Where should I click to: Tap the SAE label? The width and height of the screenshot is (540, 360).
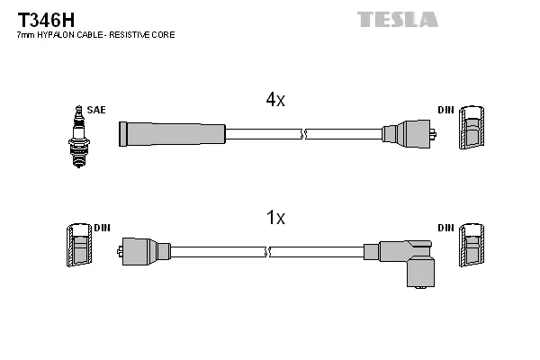coord(96,110)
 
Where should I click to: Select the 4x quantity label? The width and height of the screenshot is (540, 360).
coord(275,101)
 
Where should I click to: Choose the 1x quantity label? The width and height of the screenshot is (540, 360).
coord(275,217)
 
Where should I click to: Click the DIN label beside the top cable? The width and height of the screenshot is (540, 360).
coord(446,110)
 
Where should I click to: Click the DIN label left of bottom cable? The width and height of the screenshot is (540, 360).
coord(101,228)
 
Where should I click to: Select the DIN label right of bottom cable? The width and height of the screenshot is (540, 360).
coord(446,228)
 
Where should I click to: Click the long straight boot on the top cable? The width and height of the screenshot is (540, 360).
coord(171,134)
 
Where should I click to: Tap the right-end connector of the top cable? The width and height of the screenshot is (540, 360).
coord(409,134)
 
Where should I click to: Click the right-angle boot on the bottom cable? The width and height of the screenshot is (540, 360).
coord(405,260)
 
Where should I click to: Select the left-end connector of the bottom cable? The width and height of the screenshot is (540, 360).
coord(144,251)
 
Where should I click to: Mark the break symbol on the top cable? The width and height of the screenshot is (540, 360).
coord(303,134)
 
